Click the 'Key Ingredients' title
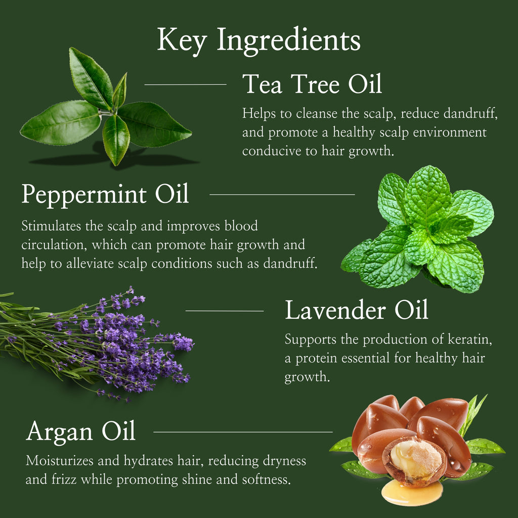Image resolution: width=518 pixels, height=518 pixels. (x=258, y=40)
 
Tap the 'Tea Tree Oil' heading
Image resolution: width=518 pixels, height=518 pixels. (x=312, y=84)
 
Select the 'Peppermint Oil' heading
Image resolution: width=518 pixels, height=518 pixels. (x=105, y=194)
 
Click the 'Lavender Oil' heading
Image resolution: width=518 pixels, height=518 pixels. (x=357, y=310)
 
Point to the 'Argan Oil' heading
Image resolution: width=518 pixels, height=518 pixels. (x=81, y=431)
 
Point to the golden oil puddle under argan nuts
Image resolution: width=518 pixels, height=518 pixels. (x=412, y=493)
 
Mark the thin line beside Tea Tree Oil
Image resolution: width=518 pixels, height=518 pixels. (x=185, y=84)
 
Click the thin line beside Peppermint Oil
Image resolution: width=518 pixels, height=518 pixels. (x=282, y=194)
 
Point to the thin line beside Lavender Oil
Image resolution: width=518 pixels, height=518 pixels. (x=225, y=311)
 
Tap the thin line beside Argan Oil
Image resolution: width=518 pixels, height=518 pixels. (x=243, y=432)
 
